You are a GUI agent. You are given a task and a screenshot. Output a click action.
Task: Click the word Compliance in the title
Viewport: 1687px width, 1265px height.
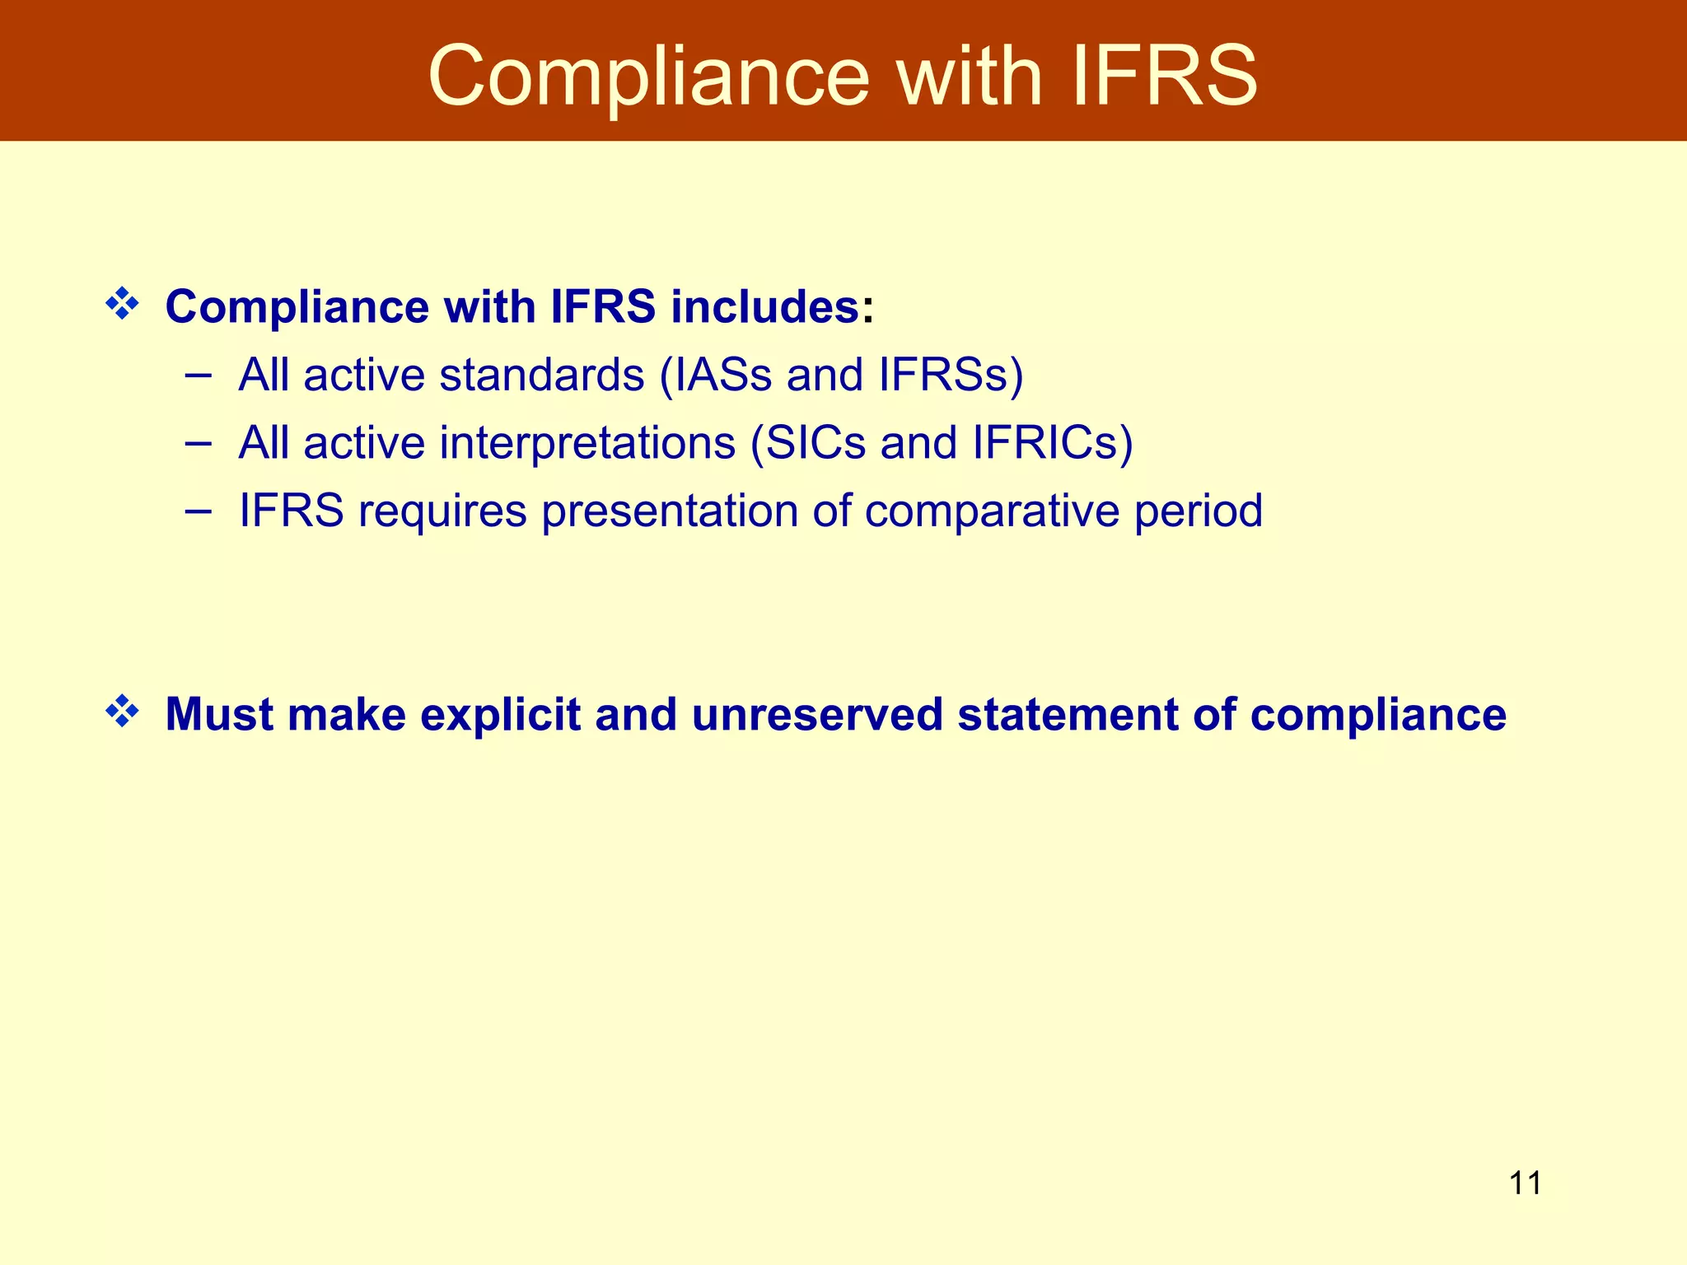point(648,77)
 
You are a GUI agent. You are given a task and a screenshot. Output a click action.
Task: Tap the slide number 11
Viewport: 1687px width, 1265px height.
point(1525,1183)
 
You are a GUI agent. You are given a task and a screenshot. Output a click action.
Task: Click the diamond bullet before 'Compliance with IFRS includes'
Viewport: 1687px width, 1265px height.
point(122,304)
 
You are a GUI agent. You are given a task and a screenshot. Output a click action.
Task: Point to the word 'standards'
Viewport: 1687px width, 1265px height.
point(541,375)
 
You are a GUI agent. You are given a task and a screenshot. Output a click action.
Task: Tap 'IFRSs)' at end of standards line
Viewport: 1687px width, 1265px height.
point(951,375)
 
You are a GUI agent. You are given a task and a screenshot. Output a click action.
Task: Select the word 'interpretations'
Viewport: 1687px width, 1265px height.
point(587,443)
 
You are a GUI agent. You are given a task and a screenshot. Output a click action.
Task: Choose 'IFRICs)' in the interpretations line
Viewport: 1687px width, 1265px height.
point(1052,443)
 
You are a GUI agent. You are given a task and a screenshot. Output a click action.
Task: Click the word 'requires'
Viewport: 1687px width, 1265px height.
point(442,511)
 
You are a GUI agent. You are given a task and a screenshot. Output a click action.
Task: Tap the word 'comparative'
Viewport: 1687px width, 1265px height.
point(992,511)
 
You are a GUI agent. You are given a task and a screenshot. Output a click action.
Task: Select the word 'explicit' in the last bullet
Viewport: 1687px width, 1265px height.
point(501,714)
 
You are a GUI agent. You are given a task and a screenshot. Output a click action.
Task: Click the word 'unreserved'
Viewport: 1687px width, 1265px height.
point(817,714)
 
